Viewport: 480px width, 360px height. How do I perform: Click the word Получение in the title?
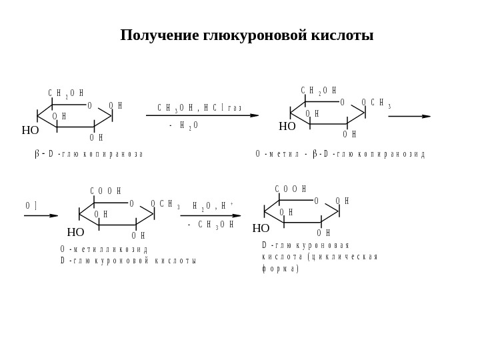159,35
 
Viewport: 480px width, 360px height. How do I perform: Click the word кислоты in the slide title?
347,35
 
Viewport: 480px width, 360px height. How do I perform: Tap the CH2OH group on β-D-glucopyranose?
65,94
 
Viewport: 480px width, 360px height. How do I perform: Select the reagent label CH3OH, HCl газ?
199,108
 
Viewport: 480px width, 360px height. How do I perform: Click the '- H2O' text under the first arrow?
183,125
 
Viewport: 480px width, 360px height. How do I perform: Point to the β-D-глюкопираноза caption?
89,154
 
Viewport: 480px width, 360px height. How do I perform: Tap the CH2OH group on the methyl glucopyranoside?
318,91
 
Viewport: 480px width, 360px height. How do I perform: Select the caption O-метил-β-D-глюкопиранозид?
340,154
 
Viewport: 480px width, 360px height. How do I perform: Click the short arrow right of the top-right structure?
409,116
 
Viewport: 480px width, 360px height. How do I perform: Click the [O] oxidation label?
31,206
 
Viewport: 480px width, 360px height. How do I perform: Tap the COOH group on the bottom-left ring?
105,191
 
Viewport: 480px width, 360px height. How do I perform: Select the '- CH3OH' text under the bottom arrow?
210,225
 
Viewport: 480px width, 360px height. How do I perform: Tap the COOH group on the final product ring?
290,189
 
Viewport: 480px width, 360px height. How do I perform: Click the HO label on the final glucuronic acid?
261,229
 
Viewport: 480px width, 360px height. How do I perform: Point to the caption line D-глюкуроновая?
305,245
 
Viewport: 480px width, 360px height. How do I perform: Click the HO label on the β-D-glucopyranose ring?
30,131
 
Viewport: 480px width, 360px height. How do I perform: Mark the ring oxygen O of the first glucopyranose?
89,106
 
